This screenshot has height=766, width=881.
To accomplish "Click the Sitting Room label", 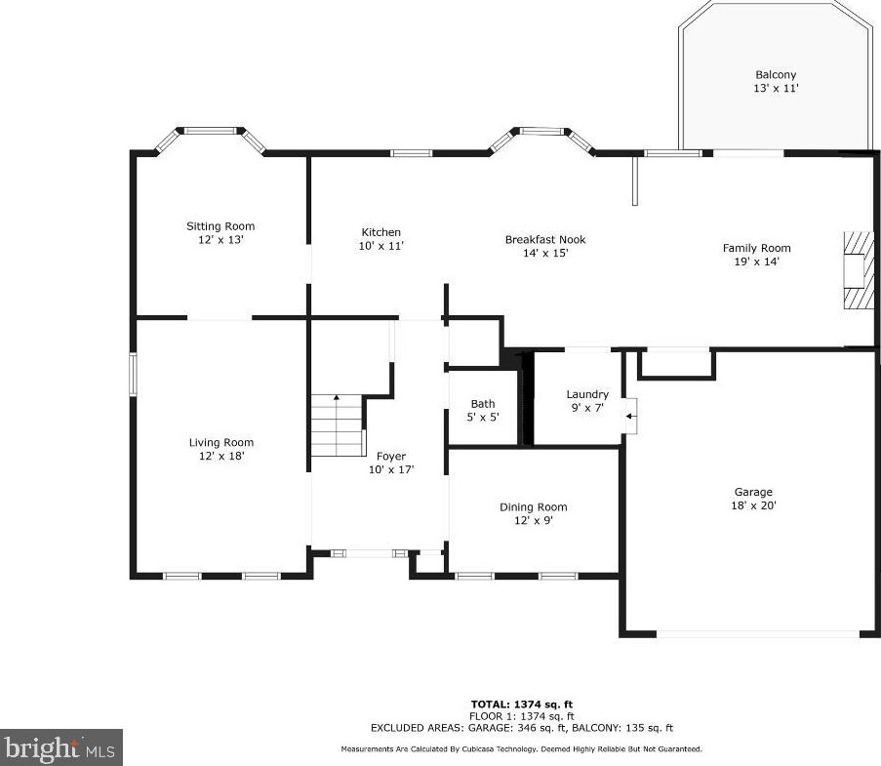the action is click(220, 226).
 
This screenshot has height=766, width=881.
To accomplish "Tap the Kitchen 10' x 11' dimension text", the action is click(380, 246).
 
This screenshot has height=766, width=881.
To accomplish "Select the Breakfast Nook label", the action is click(545, 239).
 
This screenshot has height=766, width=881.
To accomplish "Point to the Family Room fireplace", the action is click(858, 270).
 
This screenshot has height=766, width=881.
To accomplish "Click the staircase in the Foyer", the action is click(338, 424).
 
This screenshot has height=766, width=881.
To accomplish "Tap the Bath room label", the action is click(483, 404).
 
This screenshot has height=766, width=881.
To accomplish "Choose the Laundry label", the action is click(587, 394).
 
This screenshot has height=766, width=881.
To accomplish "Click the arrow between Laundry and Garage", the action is click(631, 417).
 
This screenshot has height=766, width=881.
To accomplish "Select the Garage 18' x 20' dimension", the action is click(753, 505).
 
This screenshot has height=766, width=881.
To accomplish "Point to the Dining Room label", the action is click(534, 507).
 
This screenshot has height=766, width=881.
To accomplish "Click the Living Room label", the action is click(220, 442).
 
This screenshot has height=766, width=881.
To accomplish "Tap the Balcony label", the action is click(776, 75).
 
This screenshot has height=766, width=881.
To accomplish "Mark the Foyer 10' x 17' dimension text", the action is click(391, 469).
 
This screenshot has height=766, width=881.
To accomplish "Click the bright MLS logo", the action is click(61, 747).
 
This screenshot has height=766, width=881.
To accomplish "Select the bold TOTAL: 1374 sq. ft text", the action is click(521, 705).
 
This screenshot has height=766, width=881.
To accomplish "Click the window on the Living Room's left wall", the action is click(133, 375).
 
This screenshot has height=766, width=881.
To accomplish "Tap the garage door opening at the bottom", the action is click(758, 634).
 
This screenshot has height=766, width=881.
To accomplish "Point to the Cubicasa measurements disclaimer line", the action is click(521, 749).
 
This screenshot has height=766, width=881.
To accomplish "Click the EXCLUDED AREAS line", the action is click(521, 728).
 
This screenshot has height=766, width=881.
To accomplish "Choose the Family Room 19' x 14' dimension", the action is click(756, 262).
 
